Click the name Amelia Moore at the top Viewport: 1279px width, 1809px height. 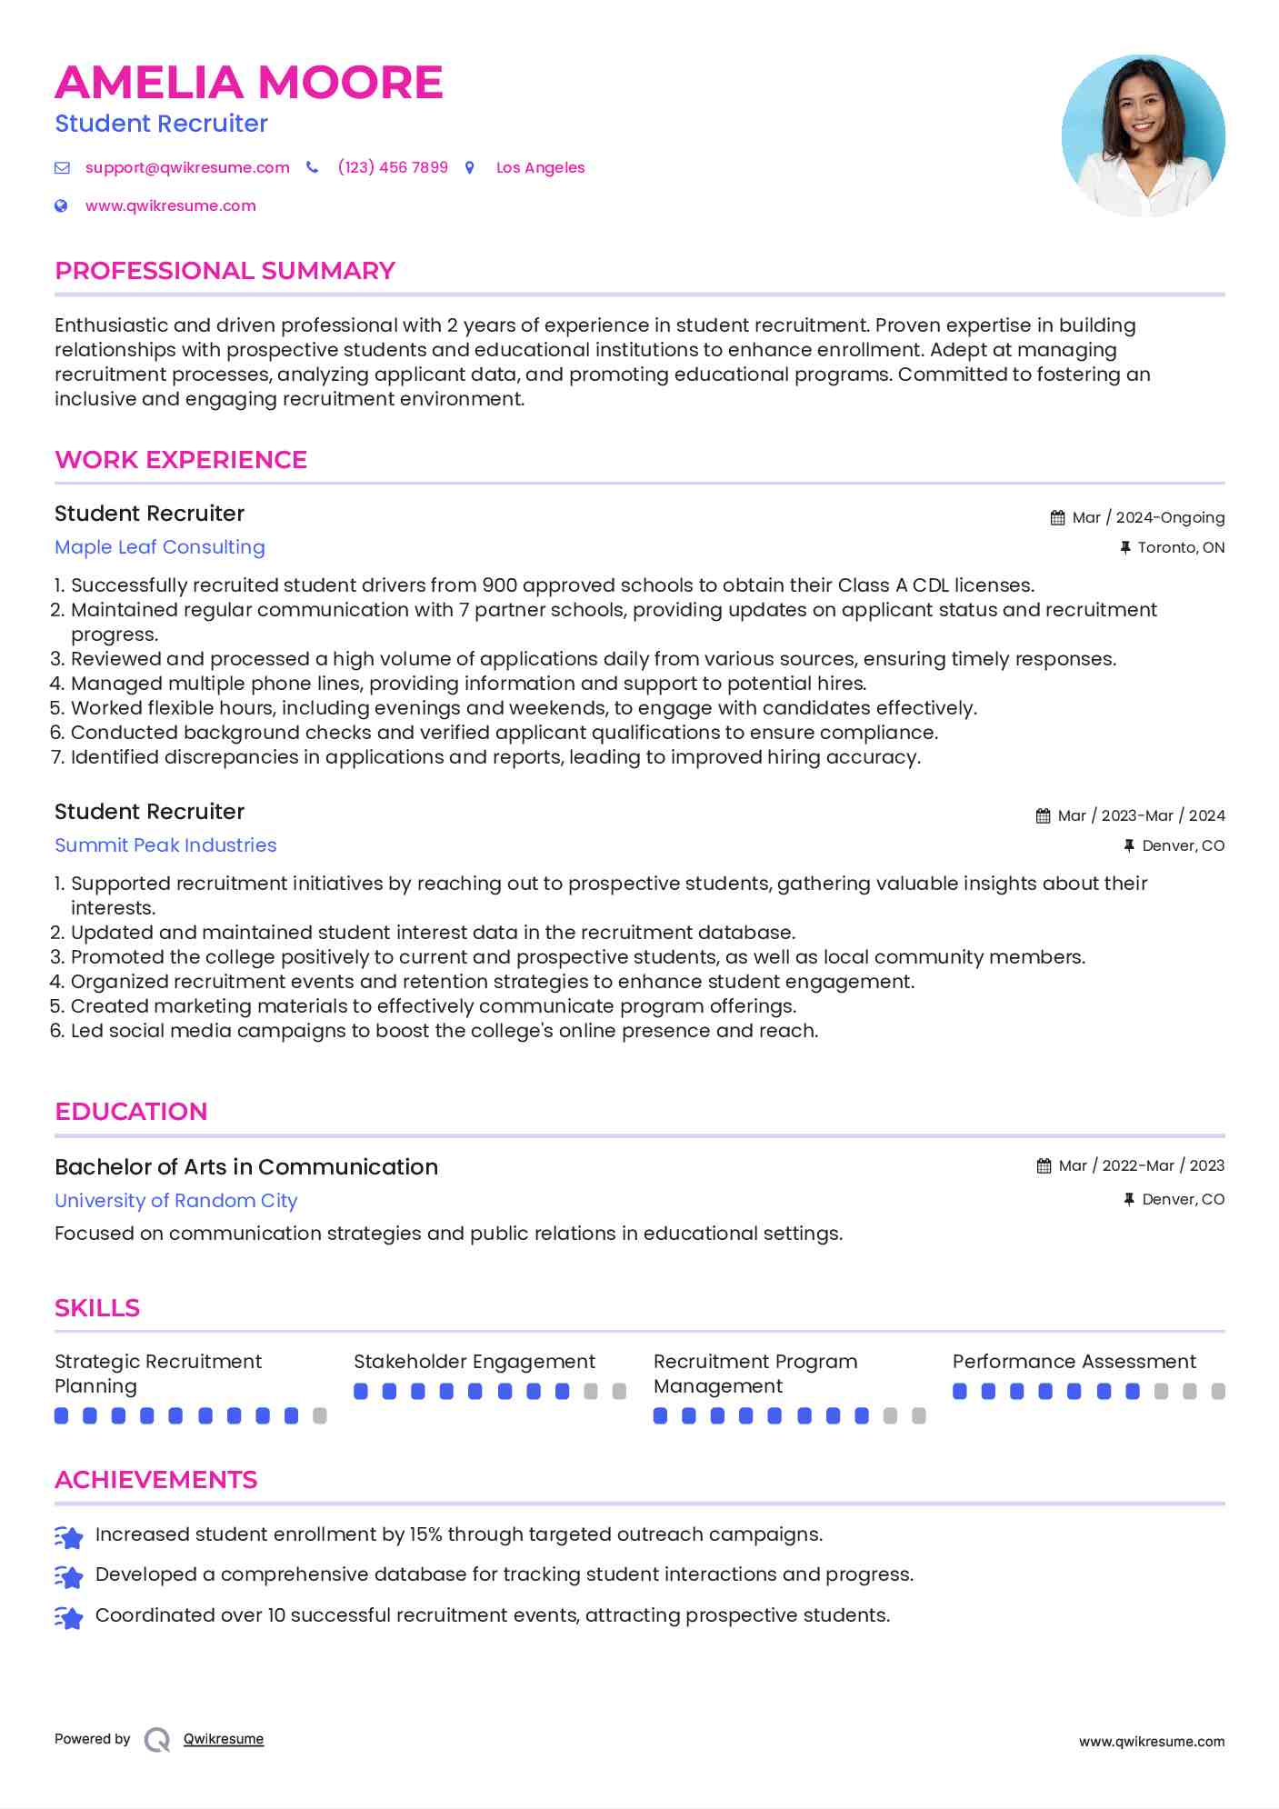point(248,83)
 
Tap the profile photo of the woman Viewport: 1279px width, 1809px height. point(1143,135)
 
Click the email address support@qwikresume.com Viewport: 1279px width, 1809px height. point(187,167)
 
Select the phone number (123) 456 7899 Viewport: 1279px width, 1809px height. point(393,167)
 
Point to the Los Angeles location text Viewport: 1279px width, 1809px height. point(540,167)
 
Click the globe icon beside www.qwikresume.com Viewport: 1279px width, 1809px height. point(62,205)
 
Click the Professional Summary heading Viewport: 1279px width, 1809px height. point(225,271)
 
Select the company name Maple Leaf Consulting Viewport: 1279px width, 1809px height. point(160,547)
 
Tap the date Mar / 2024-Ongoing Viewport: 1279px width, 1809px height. point(1148,517)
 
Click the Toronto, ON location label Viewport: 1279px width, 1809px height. point(1181,547)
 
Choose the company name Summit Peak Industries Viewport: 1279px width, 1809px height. point(165,845)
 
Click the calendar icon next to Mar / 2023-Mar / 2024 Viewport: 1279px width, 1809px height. point(1043,816)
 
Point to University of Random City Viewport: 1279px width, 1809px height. point(176,1201)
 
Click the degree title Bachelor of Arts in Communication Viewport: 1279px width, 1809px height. point(246,1167)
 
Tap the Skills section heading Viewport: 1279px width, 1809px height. point(97,1308)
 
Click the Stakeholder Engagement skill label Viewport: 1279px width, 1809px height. point(474,1362)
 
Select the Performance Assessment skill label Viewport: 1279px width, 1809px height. point(1074,1362)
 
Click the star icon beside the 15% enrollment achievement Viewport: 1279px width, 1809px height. point(69,1536)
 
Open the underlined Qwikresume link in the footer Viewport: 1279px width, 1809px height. point(224,1739)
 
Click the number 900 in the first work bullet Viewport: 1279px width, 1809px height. point(499,585)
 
